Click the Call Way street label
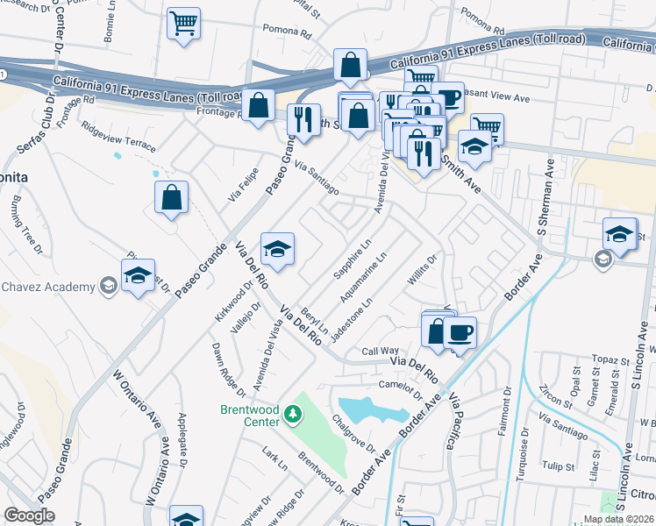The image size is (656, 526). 381,351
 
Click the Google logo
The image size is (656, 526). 29,515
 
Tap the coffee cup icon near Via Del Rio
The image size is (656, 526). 460,332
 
